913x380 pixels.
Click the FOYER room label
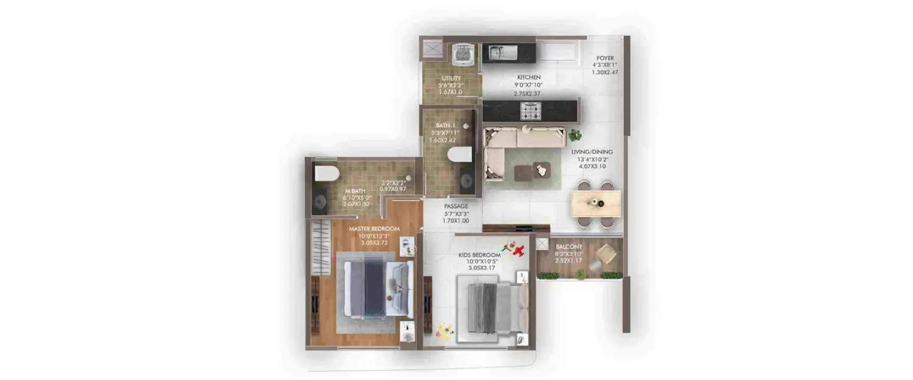(605, 58)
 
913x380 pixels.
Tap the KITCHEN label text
(529, 78)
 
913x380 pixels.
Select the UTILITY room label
(450, 78)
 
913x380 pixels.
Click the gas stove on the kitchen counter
(530, 111)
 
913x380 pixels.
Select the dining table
(596, 204)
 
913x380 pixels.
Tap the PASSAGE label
(456, 206)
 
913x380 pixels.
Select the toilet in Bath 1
(460, 155)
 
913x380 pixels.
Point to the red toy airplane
(518, 250)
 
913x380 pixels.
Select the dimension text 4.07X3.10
(592, 166)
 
